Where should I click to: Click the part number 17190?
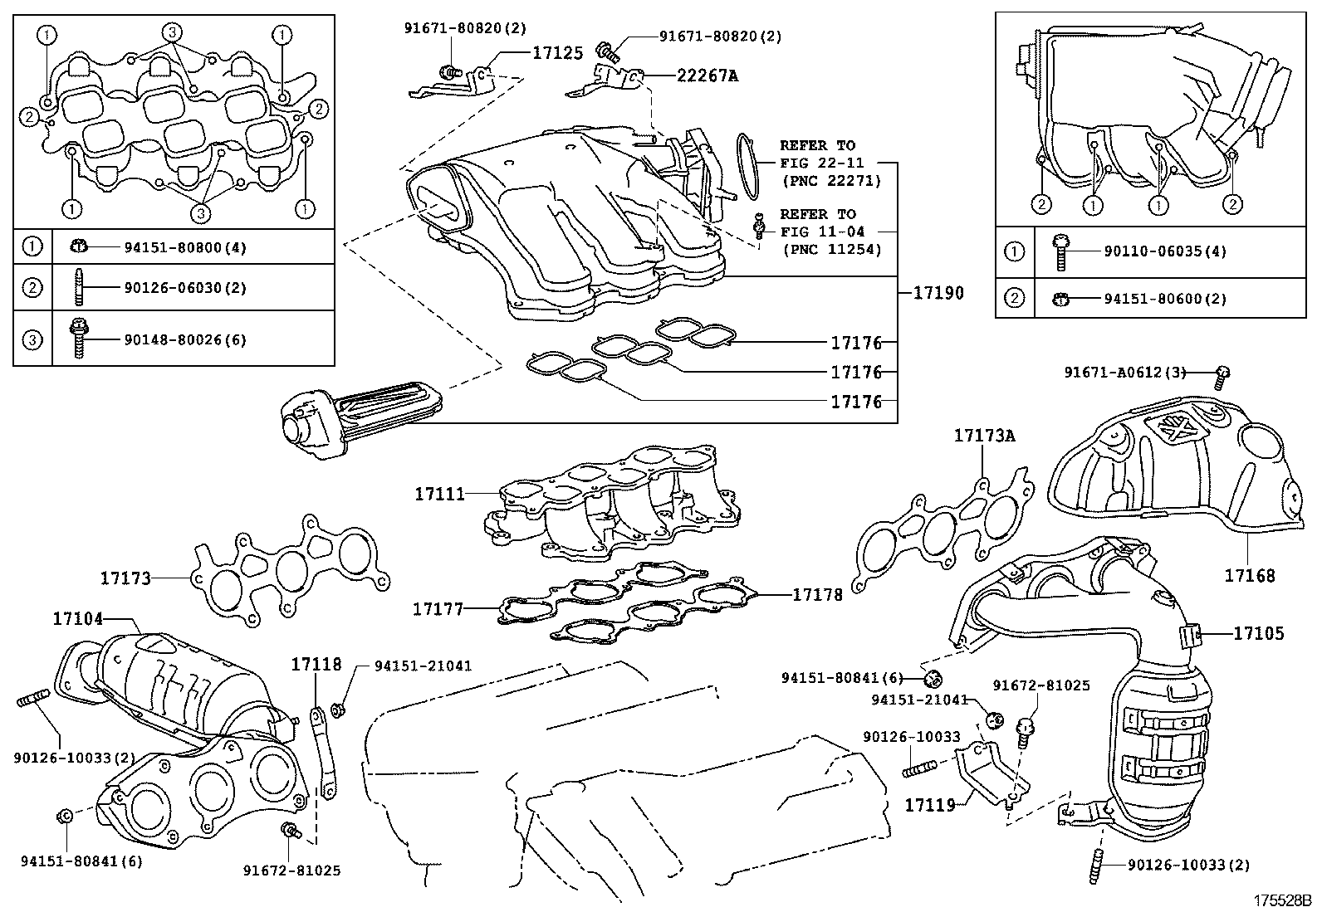coord(938,293)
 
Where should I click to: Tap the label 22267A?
coord(707,76)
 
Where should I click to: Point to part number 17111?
coord(439,494)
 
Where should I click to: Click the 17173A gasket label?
coord(984,435)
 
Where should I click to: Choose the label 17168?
coord(1250,575)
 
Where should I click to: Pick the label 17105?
coord(1258,634)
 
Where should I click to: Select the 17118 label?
coord(316,664)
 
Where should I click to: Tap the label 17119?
coord(929,804)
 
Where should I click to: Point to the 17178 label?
coord(817,594)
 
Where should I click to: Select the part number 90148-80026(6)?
coord(184,339)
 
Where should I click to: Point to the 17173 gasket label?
coord(126,578)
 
